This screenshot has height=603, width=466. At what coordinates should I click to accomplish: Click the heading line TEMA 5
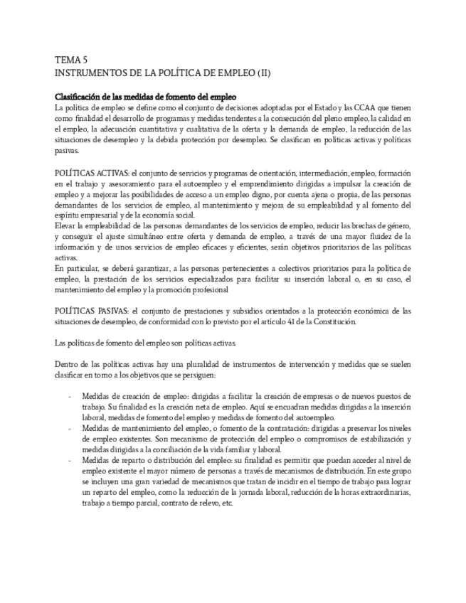click(73, 61)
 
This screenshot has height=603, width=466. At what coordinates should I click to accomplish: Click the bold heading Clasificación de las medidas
click(146, 97)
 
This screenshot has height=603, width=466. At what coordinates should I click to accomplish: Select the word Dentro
click(67, 365)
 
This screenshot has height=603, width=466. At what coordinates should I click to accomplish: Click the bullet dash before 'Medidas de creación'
click(69, 396)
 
